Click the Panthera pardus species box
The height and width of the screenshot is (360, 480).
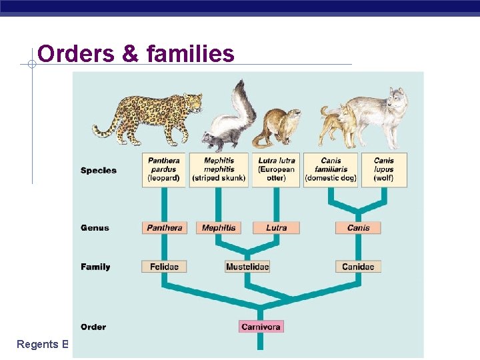pos(164,169)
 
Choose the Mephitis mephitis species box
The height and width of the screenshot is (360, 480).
pos(219,169)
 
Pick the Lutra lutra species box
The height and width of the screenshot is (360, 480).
pos(276,169)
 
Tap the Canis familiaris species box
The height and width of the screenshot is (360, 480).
pos(331,169)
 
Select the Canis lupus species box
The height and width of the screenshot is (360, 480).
pos(384,169)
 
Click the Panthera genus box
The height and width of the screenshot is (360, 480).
pos(164,227)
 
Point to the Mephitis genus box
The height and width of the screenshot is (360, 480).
pos(219,227)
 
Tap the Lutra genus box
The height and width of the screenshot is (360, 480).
pos(276,227)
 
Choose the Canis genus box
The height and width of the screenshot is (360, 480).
pos(358,227)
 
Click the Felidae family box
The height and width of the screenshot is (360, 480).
pos(164,267)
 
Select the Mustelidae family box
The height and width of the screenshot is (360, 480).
pos(247,267)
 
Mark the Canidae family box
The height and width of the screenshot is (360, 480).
pos(358,267)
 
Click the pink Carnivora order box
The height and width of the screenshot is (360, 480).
pos(261,327)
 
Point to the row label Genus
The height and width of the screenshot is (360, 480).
pos(95,228)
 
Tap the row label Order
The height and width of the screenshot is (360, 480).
pos(93,327)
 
